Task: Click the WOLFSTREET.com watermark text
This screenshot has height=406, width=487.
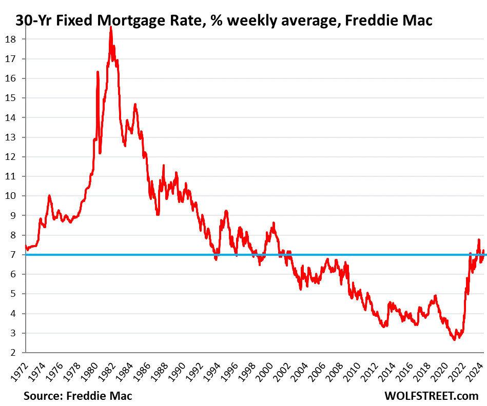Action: click(431, 396)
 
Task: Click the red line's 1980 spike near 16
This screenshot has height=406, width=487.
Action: click(98, 72)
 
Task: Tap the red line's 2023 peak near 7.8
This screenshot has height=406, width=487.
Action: click(479, 239)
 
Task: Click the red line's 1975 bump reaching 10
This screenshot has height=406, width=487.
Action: click(49, 196)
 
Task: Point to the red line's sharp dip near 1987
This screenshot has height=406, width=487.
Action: click(158, 214)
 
